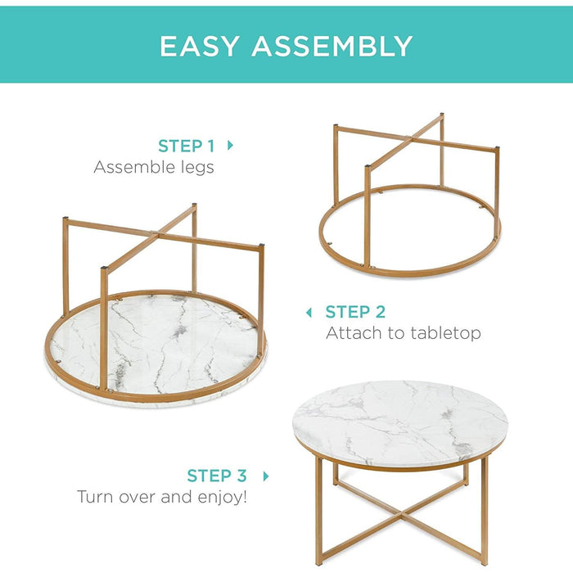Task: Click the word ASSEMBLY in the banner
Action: click(x=332, y=46)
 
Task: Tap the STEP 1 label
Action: click(x=186, y=147)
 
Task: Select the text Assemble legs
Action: click(x=154, y=168)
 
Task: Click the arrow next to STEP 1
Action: click(x=230, y=146)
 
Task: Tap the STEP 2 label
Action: click(x=355, y=312)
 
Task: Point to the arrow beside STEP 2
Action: click(x=309, y=312)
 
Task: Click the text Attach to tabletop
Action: click(x=403, y=333)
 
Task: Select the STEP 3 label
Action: click(x=216, y=476)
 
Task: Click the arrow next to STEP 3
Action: click(x=265, y=476)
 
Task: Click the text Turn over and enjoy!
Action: click(x=161, y=497)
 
